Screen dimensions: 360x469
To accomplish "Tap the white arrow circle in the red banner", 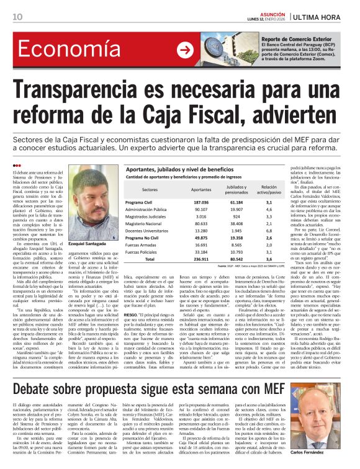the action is click(x=184, y=50).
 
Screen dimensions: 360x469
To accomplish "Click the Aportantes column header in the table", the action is click(x=200, y=189).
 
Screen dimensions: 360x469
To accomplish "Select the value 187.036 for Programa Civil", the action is click(x=200, y=202).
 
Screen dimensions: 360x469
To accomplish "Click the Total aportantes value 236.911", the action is click(x=200, y=258).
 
